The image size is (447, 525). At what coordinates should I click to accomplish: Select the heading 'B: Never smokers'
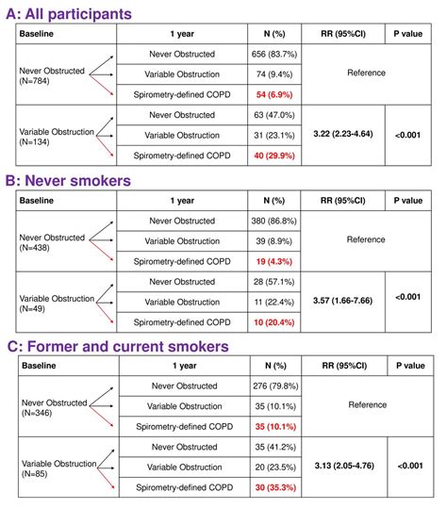coord(75,182)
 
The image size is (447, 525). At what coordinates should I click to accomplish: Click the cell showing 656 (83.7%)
coord(275,54)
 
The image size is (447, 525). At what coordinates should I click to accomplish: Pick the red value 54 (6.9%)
coord(275,96)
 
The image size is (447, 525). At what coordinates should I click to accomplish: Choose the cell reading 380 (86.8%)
coord(275,220)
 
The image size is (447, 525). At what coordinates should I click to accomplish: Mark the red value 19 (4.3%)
coord(275,261)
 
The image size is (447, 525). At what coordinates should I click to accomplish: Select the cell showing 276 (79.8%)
coord(275,386)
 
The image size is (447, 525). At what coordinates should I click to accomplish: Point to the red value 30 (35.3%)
coord(275,489)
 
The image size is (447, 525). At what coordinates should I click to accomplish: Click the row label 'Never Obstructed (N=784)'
coord(52,74)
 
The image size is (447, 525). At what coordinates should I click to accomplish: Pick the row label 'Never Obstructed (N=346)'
coord(52,406)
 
